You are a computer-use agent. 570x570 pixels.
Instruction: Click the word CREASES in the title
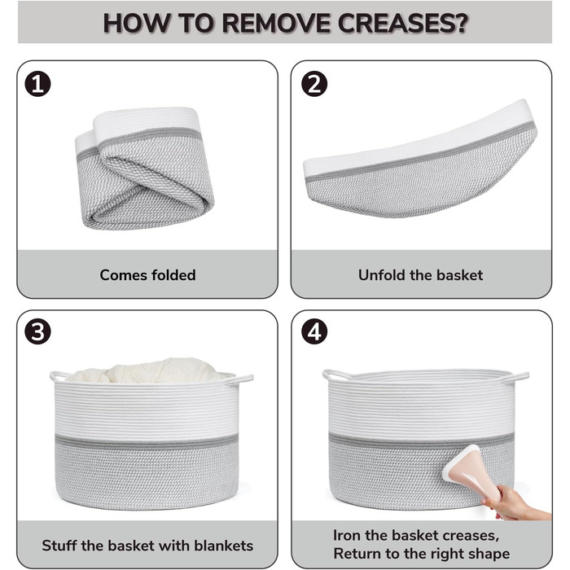click(x=402, y=24)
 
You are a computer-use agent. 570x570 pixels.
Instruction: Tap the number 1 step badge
click(x=37, y=84)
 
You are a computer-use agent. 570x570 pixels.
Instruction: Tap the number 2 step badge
click(x=314, y=84)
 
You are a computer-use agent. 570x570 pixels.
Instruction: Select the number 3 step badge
click(x=37, y=331)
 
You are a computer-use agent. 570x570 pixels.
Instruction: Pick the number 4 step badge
click(x=314, y=331)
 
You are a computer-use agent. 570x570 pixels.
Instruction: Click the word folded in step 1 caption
click(x=173, y=275)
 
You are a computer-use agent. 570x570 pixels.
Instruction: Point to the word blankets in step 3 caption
click(x=224, y=546)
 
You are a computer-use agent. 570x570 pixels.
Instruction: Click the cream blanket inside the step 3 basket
click(x=146, y=370)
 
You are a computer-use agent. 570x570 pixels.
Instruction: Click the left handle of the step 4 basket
click(x=335, y=375)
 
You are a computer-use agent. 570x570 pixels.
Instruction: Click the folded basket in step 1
click(x=145, y=168)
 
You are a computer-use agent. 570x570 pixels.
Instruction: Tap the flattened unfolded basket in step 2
click(x=420, y=160)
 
